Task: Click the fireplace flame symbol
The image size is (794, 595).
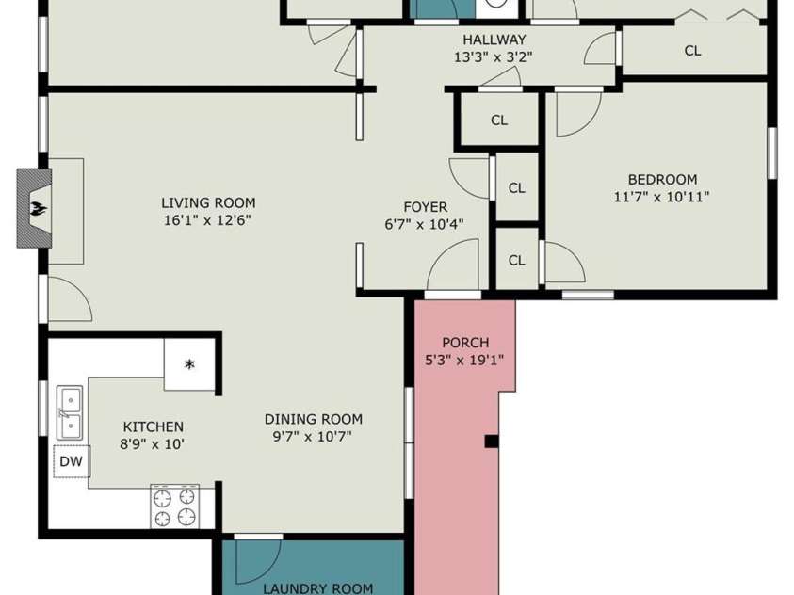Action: click(37, 208)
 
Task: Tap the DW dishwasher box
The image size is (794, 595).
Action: click(72, 461)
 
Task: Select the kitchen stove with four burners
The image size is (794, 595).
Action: click(174, 507)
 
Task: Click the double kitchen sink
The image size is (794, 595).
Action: click(70, 413)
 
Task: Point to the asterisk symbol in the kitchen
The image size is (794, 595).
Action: click(189, 363)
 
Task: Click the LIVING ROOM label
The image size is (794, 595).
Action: click(209, 203)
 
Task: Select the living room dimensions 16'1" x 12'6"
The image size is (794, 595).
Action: click(207, 220)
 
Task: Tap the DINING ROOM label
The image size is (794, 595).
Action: click(314, 419)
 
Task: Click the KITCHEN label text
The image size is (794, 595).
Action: click(154, 427)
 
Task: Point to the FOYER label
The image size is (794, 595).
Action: click(426, 207)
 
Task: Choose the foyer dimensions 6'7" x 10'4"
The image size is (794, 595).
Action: click(425, 224)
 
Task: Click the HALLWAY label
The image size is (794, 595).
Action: click(494, 40)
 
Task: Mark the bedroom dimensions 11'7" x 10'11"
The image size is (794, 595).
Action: click(661, 197)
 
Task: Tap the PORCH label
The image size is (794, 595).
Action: click(465, 343)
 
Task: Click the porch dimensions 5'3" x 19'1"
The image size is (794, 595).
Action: click(465, 361)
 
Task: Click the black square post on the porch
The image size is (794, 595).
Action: click(492, 442)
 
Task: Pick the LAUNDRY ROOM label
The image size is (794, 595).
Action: click(318, 588)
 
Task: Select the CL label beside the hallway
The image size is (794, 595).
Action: click(692, 51)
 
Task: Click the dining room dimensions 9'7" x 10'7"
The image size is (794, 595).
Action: click(313, 436)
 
